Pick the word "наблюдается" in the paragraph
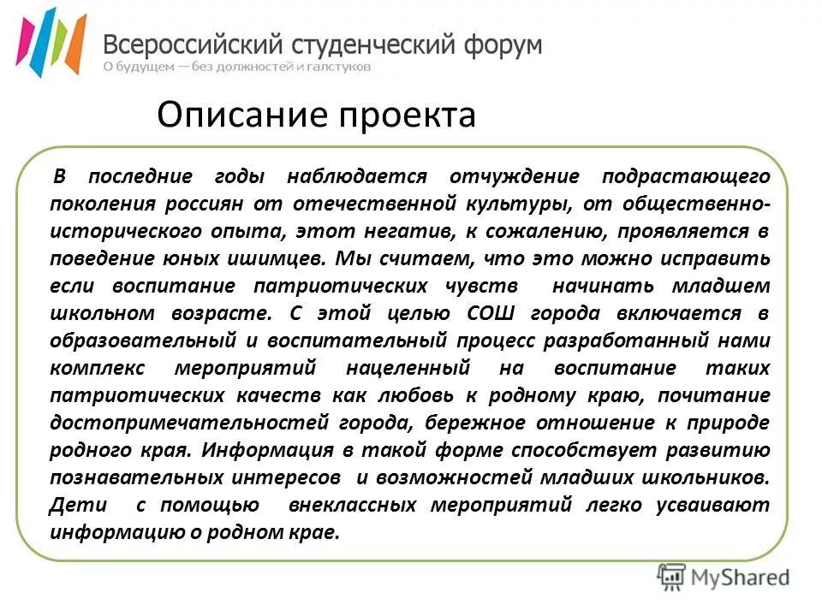click(356, 177)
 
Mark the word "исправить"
click(718, 259)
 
